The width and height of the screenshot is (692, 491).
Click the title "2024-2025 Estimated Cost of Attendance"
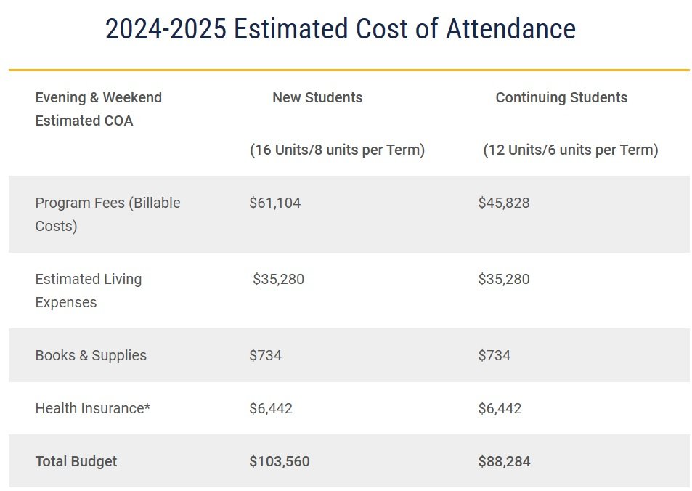point(340,30)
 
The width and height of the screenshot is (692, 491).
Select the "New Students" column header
point(317,97)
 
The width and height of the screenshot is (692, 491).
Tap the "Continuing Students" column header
point(561,97)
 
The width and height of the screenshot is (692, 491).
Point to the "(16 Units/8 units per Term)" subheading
point(337,150)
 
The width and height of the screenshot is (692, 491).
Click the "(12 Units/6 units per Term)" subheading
point(570,150)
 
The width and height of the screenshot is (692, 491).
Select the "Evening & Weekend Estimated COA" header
point(98,109)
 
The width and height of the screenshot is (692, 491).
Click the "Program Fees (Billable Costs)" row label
point(107,214)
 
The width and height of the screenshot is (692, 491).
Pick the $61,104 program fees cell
point(274,203)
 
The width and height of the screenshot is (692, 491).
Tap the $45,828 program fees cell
point(503,203)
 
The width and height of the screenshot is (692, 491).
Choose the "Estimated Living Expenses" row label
point(88,291)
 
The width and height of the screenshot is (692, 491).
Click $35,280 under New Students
point(278,279)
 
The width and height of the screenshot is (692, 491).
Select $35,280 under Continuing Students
point(503,279)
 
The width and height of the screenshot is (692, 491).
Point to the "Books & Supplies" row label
point(91,355)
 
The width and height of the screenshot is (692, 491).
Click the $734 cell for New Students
point(265,355)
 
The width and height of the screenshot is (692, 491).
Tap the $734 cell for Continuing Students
point(494,355)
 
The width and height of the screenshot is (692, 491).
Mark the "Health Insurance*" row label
point(92,408)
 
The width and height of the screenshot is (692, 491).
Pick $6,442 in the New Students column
point(270,408)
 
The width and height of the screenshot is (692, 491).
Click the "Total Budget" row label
point(76,461)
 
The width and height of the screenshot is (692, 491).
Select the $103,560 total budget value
point(279,461)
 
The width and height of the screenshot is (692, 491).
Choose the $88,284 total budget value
point(504,461)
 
